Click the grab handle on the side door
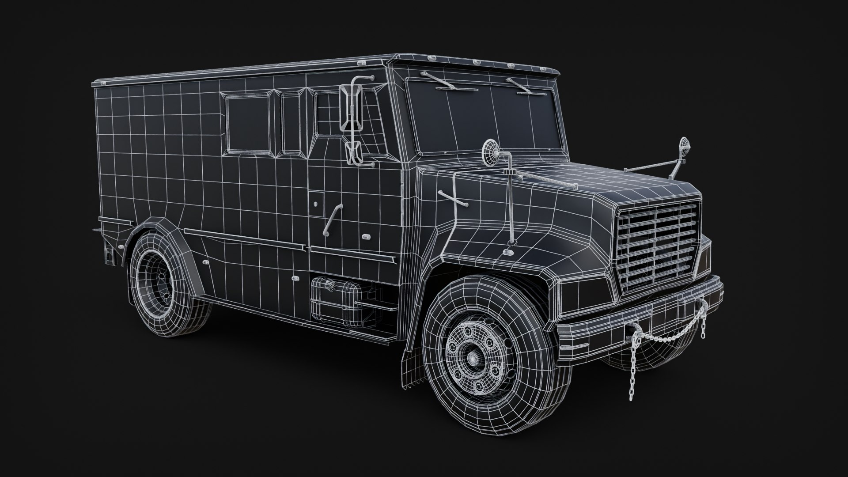tap(332, 219)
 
